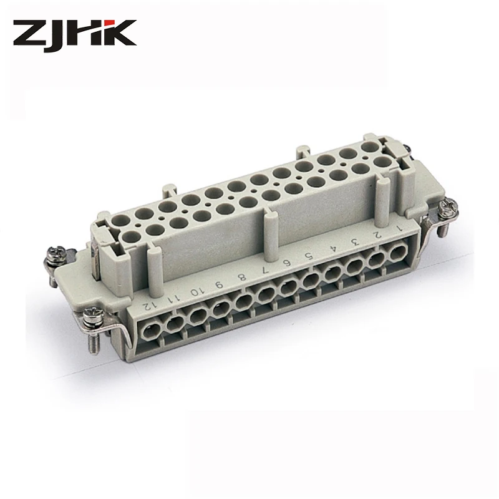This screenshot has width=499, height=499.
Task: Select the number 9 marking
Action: (x=219, y=284)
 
